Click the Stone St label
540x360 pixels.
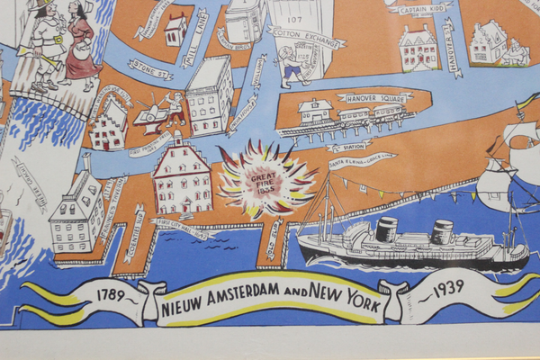pyautogui.click(x=150, y=67)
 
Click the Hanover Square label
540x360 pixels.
pyautogui.click(x=375, y=97)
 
